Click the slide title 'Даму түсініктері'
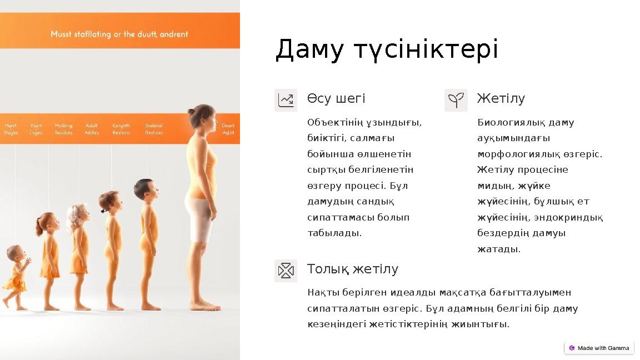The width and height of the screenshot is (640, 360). [387, 50]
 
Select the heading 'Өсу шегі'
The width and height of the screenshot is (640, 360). [336, 99]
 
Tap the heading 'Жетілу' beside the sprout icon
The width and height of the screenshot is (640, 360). [501, 99]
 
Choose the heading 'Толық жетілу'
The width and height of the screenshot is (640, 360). [353, 269]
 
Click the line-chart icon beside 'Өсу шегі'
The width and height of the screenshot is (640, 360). [286, 100]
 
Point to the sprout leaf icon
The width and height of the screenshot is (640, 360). [456, 100]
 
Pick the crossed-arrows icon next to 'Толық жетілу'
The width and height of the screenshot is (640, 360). [286, 271]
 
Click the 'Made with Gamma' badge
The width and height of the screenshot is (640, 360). [599, 348]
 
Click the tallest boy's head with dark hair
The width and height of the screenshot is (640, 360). [145, 189]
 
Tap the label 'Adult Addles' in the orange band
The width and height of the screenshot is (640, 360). [92, 129]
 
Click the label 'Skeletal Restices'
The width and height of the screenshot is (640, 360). [154, 129]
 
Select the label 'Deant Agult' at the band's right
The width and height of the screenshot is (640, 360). [228, 129]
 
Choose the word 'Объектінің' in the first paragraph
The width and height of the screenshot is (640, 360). [333, 122]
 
